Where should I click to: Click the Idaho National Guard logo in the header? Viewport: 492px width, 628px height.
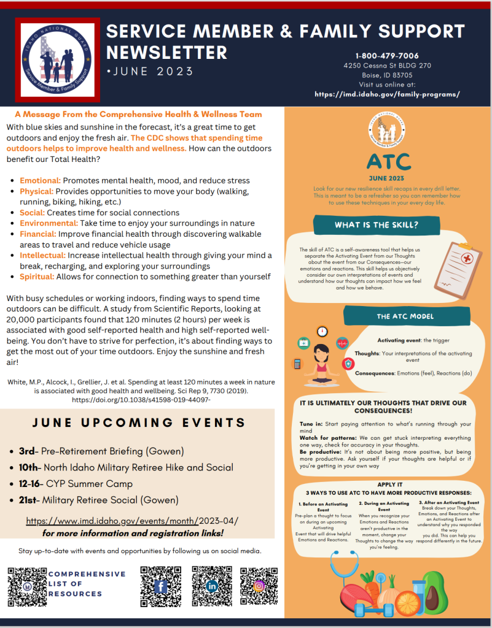pyautogui.click(x=57, y=58)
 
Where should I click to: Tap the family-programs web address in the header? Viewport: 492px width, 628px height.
pyautogui.click(x=387, y=94)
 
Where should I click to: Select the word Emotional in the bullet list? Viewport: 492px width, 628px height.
pyautogui.click(x=40, y=180)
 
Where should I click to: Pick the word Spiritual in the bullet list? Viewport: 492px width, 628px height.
pyautogui.click(x=37, y=277)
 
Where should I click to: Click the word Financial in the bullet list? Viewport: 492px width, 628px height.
pyautogui.click(x=39, y=234)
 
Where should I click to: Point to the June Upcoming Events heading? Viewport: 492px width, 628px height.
pyautogui.click(x=139, y=423)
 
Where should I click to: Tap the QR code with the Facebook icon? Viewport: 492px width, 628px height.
pyautogui.click(x=160, y=586)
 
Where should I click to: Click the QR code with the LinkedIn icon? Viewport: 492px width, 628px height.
pyautogui.click(x=212, y=586)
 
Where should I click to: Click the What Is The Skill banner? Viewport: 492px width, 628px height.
pyautogui.click(x=376, y=225)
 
